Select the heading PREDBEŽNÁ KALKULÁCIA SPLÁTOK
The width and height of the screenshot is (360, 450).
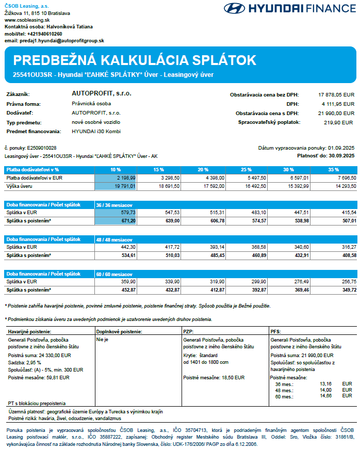[135, 60]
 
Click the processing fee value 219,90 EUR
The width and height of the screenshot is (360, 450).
[338, 122]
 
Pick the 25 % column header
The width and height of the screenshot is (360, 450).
[246, 169]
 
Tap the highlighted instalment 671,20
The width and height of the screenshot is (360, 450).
[114, 220]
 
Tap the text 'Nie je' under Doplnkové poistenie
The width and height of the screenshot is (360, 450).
[103, 340]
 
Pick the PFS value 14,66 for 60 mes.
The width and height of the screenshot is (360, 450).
[325, 395]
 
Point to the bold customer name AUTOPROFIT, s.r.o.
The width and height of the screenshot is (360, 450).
[101, 94]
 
